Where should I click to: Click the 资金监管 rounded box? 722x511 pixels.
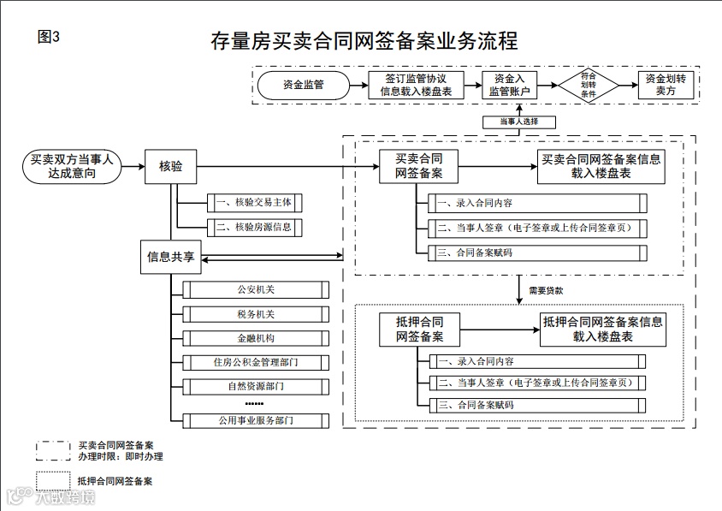point(303,85)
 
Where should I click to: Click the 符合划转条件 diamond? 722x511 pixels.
point(588,85)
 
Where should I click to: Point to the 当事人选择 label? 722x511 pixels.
point(519,122)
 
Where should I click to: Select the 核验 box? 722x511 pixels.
point(171,166)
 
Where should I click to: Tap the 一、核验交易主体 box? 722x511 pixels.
point(255,204)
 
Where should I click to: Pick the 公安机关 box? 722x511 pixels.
point(256,290)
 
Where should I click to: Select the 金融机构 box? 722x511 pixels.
point(256,338)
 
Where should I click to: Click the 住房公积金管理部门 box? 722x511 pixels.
point(256,362)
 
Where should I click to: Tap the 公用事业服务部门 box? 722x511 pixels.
point(256,420)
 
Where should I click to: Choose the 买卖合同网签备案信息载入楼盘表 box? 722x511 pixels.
point(601,166)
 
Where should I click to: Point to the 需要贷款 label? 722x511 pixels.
point(545,291)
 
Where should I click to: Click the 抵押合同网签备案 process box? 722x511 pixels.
point(419,330)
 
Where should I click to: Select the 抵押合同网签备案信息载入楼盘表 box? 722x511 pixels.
point(602,330)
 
